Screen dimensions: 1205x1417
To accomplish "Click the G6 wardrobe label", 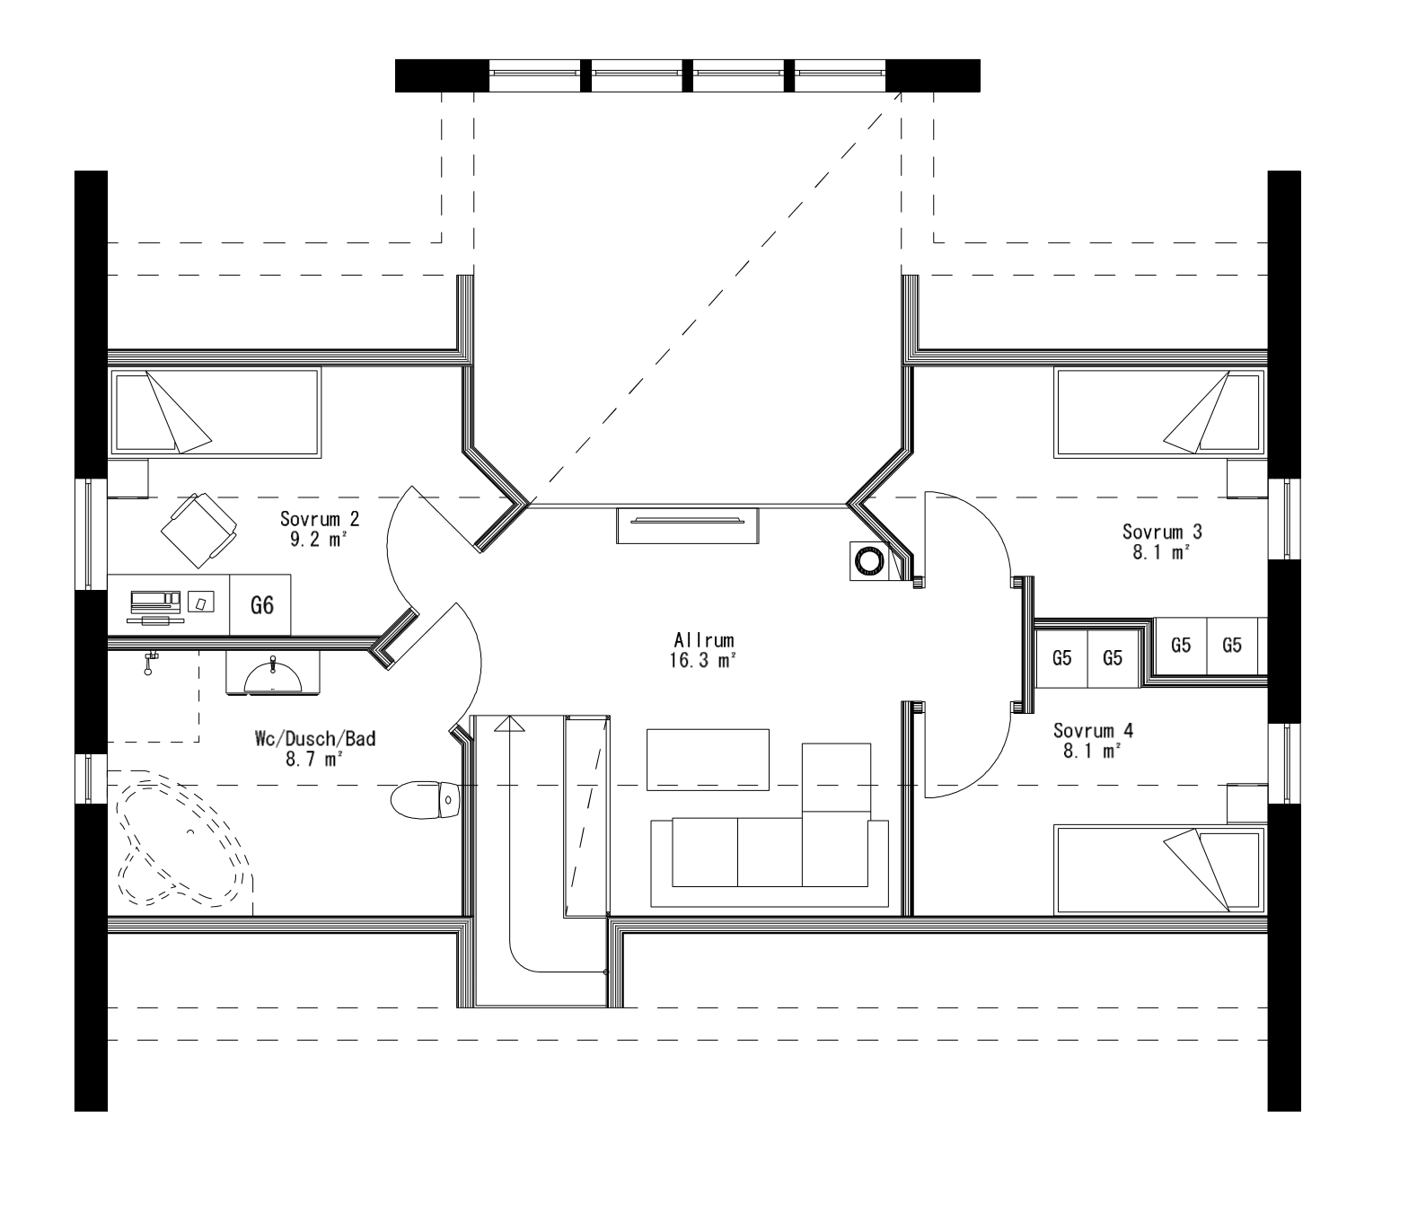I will [261, 605].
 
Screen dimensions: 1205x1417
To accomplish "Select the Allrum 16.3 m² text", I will [705, 650].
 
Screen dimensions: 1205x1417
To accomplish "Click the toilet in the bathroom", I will [426, 799].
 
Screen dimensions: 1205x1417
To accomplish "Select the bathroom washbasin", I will [272, 673].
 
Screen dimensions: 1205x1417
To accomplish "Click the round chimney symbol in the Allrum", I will [868, 562].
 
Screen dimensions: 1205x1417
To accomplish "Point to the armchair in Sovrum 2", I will [198, 530].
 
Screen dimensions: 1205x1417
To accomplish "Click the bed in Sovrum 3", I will [1158, 412].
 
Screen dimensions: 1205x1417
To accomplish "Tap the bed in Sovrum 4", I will [1158, 870].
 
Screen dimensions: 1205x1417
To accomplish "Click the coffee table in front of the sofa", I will [708, 760].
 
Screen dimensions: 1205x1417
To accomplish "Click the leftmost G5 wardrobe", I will [1061, 658].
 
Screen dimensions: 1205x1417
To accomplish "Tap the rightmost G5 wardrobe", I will [1232, 646].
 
